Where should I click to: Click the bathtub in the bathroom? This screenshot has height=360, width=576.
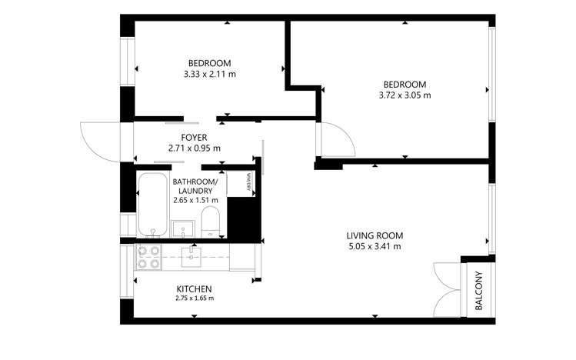tap(152, 204)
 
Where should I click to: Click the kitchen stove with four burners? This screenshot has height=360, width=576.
tap(148, 257)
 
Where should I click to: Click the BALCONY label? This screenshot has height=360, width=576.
tap(478, 291)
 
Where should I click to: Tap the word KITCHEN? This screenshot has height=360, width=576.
tap(194, 288)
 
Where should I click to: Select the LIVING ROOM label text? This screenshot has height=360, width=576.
tap(374, 235)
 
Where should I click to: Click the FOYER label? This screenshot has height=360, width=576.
tap(194, 137)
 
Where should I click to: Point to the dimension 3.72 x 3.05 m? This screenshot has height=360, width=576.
tap(405, 95)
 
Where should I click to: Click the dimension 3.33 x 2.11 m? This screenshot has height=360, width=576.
tap(209, 75)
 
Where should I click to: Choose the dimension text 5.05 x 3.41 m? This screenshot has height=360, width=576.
tap(374, 247)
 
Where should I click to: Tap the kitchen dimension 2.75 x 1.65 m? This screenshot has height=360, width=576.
tap(194, 298)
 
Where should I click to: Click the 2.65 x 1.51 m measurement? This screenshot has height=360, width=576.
tap(195, 201)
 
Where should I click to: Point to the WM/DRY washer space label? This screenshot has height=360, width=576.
tap(249, 182)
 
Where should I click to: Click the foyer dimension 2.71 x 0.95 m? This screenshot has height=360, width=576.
tap(194, 148)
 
